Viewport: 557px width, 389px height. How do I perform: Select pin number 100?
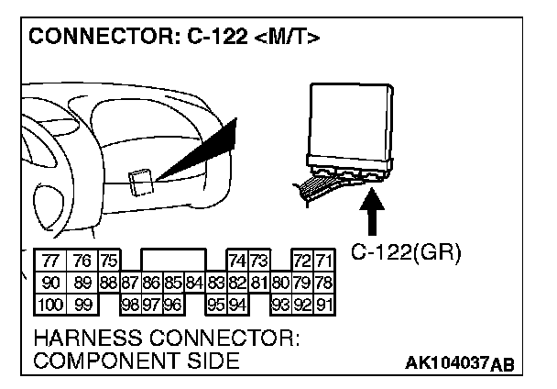(x=49, y=302)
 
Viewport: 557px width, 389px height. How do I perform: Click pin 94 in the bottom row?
(x=238, y=302)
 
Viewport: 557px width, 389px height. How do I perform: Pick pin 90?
(x=49, y=281)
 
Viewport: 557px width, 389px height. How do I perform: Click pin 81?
(x=259, y=281)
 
